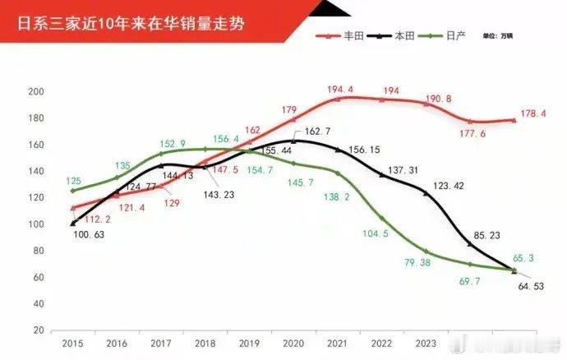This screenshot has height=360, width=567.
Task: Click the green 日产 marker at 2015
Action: [72, 191]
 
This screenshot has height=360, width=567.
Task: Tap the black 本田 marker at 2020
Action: [293, 141]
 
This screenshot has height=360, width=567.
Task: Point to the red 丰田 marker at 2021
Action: [338, 99]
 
